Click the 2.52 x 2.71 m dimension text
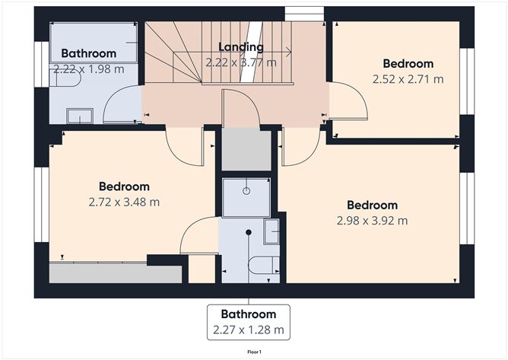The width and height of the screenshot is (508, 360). pos(408,79)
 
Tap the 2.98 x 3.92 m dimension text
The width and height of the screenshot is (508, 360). pos(372,221)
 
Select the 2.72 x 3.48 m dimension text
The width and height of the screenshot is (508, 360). pos(124,202)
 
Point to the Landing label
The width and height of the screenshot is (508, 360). pos(241,47)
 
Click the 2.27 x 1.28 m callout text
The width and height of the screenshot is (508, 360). pos(249,330)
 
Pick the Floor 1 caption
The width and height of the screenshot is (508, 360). pos(254,352)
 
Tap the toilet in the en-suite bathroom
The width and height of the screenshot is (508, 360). pos(264,265)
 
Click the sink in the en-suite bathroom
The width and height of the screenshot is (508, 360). pos(271,231)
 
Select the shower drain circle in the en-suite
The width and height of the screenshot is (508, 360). pos(246,191)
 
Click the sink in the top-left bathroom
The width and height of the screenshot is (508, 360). pos(80,116)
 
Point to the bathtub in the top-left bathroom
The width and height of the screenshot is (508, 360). pos(94,42)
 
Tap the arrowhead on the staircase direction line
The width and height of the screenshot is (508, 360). pos(288,52)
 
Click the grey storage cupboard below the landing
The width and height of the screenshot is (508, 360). pos(246,149)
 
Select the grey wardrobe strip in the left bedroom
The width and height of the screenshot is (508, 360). pos(115,272)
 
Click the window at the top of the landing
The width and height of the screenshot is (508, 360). pos(304,14)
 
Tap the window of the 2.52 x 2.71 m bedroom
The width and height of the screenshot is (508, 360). pos(467,81)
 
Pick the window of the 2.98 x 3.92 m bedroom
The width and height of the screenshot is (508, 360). pos(467,209)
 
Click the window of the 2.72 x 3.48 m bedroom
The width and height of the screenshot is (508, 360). pos(42,205)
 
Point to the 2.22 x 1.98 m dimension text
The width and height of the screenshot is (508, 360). pos(89,69)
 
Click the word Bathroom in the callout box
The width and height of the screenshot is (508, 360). pos(249,314)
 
